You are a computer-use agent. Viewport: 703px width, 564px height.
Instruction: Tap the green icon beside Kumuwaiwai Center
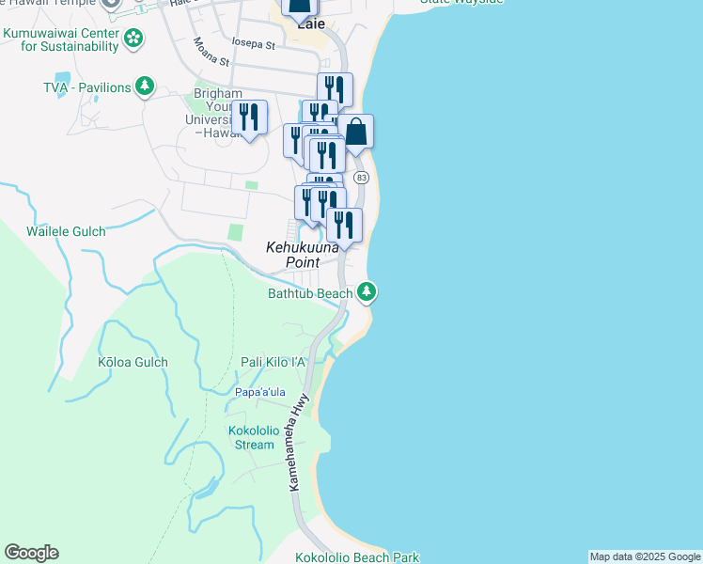click(x=134, y=39)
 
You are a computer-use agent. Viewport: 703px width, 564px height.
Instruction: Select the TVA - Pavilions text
click(x=86, y=87)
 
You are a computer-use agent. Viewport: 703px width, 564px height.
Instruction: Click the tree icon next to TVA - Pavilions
click(x=145, y=87)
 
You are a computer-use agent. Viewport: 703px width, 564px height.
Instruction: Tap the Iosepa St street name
click(x=253, y=44)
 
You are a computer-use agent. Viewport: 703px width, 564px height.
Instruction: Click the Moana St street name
click(x=211, y=52)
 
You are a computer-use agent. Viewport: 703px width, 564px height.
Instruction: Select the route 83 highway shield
click(x=362, y=177)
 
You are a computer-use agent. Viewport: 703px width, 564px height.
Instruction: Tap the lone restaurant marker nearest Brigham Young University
click(x=249, y=117)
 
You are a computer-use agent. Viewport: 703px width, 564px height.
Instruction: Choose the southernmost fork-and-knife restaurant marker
click(x=345, y=225)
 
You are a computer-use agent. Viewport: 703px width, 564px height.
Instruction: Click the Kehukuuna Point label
click(x=301, y=254)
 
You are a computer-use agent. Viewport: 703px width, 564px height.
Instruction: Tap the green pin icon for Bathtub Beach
click(x=367, y=293)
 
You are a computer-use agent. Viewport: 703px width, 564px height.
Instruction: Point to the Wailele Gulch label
click(x=66, y=231)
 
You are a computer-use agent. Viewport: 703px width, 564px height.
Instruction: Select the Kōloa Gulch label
click(x=133, y=362)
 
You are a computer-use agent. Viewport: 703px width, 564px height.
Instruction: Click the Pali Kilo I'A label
click(x=273, y=362)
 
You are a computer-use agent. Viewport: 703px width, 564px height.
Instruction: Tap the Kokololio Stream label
click(x=251, y=438)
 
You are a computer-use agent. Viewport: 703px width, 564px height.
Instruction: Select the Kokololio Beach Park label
click(x=357, y=557)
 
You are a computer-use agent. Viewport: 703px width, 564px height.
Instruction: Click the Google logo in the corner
click(x=31, y=553)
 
